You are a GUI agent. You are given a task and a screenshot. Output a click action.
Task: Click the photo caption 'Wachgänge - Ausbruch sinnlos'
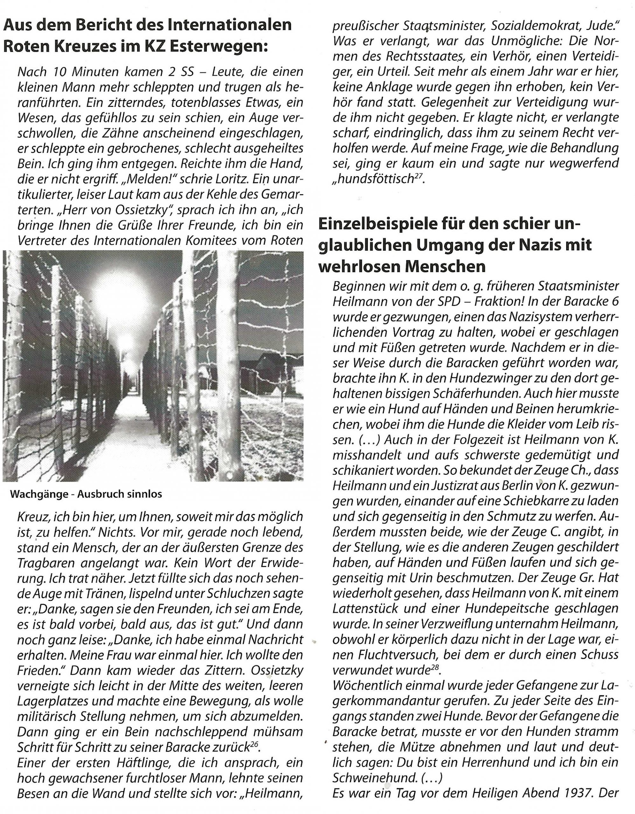(x=86, y=494)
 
